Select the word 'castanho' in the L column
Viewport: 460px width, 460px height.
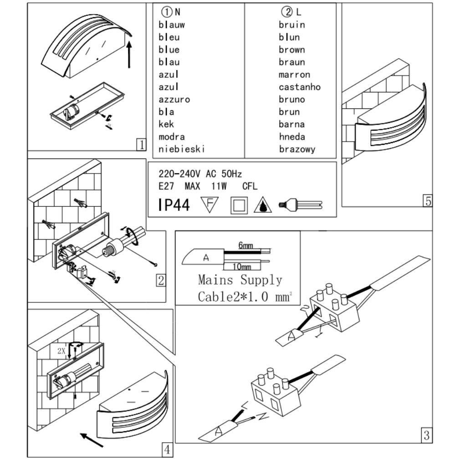tap(299, 87)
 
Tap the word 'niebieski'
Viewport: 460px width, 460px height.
tap(182, 149)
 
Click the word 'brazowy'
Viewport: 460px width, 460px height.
tap(296, 149)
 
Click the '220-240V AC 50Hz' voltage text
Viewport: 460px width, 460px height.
tap(200, 174)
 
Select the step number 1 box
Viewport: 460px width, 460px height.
tap(142, 145)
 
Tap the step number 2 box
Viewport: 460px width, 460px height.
tap(160, 280)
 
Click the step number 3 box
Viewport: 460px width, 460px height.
tap(426, 435)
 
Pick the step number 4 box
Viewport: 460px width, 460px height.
tap(167, 450)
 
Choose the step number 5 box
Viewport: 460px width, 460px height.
tap(427, 201)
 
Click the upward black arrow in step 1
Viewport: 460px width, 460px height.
tap(130, 54)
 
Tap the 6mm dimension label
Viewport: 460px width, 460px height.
tap(245, 245)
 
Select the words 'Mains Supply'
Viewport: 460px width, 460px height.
tap(240, 280)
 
